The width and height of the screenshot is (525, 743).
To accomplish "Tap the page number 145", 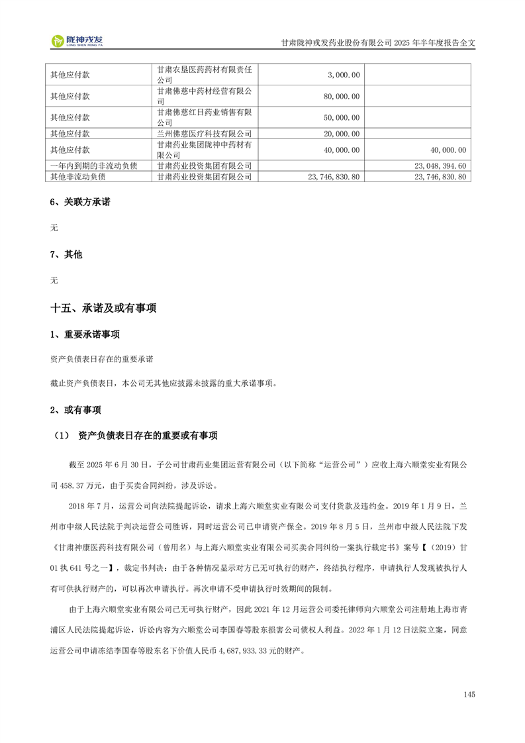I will point(469,694).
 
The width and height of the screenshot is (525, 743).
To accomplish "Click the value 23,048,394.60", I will point(440,166).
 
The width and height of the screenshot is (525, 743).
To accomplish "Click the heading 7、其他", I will point(66,254).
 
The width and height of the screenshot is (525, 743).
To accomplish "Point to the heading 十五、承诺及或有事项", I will point(103,308).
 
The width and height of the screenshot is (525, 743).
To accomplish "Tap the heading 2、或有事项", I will point(75,411).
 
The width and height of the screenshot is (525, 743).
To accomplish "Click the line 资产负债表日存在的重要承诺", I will point(101,359).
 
